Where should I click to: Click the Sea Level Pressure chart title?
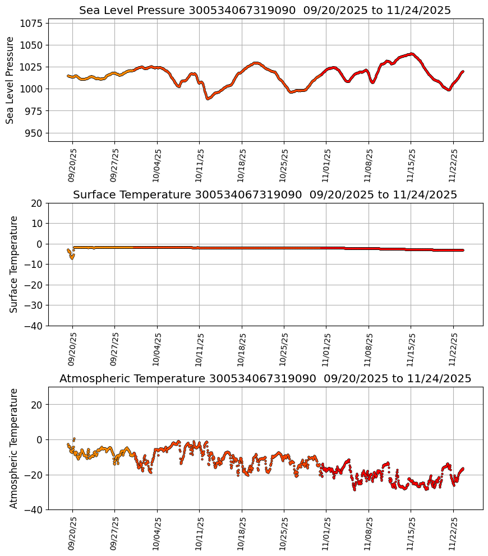(265, 11)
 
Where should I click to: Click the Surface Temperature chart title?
(265, 195)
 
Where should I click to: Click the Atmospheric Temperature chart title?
(265, 379)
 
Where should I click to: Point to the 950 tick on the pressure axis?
(34, 133)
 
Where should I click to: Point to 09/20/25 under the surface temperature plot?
(72, 349)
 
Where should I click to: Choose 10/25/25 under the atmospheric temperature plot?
(284, 533)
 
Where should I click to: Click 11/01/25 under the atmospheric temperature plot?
(326, 533)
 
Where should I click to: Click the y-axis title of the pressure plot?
(10, 80)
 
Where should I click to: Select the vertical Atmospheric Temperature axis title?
(13, 448)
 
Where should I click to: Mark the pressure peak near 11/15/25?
(412, 54)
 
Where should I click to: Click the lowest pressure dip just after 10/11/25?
(208, 99)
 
